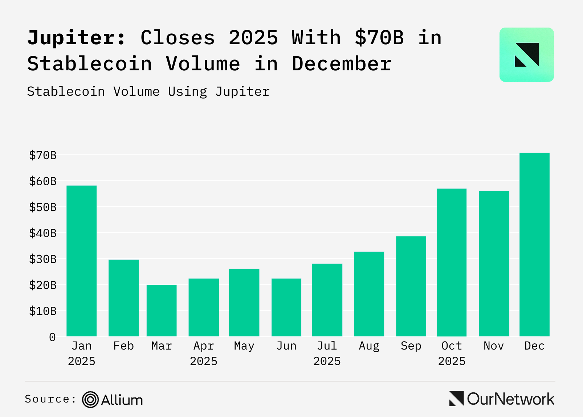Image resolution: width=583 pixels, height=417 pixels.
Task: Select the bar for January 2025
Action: pos(82,261)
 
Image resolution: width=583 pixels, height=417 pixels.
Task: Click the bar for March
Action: pos(162,310)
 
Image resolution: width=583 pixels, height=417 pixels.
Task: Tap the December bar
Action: pos(534,244)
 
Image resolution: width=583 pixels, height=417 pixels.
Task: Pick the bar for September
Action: pos(411,286)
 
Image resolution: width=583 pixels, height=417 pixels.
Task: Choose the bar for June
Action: pos(286,307)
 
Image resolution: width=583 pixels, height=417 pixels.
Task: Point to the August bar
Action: pos(369,294)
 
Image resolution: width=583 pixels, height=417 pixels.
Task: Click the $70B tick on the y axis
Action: pos(43,155)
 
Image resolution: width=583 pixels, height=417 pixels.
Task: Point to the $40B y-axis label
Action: pos(43,233)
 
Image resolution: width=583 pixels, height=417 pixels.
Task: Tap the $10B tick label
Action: pos(43,311)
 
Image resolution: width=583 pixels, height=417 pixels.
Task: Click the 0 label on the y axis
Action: pos(52,337)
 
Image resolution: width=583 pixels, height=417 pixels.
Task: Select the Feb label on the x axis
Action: pos(123,346)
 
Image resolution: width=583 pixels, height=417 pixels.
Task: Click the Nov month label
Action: pos(494,346)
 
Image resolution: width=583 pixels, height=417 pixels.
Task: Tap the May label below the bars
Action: pos(244,346)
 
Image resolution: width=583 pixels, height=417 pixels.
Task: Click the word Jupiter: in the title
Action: pos(77,38)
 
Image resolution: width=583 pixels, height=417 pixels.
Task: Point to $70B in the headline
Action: pos(379,38)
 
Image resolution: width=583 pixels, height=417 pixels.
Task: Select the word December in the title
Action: pos(342,64)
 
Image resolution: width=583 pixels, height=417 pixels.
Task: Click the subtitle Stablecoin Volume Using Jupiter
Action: pos(148,91)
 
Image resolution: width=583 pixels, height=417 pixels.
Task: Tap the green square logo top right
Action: pos(526,55)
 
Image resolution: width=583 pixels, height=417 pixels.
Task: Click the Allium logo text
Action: pos(122,400)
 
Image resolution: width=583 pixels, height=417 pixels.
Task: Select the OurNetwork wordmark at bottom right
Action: pos(510,399)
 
